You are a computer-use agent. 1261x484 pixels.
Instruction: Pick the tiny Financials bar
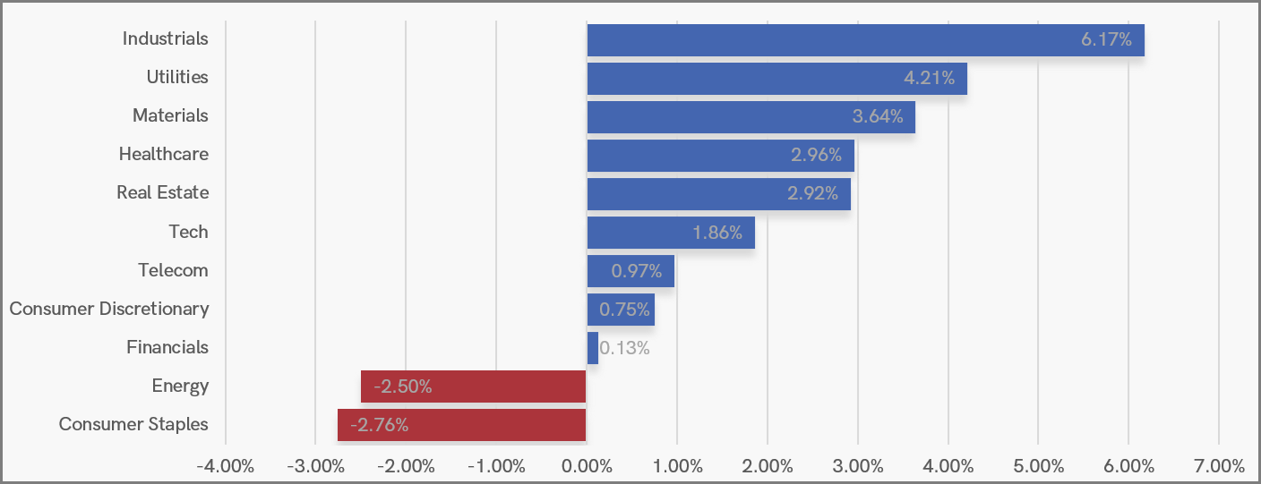pos(593,348)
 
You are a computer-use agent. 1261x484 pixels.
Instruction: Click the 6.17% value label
pos(1106,39)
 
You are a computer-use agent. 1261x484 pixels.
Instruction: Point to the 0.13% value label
pos(624,348)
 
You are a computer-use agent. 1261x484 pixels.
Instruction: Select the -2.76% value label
pos(380,425)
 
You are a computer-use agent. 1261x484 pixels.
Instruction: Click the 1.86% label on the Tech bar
pos(717,233)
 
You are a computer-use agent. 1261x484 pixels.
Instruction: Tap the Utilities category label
pos(177,77)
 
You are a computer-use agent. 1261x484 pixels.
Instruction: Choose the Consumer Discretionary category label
pos(109,309)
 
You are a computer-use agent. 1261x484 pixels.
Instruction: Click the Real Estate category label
pos(163,192)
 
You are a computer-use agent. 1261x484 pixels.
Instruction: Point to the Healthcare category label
pos(164,154)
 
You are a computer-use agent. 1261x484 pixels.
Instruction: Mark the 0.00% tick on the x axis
pos(587,466)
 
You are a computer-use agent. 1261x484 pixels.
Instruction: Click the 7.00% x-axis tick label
pos(1219,466)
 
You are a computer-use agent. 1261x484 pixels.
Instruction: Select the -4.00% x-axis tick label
pos(225,466)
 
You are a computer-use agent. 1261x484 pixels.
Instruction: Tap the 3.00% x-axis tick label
pos(858,466)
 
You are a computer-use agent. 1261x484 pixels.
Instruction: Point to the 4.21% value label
pos(929,78)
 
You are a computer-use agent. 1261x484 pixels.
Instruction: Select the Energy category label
pos(180,386)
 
